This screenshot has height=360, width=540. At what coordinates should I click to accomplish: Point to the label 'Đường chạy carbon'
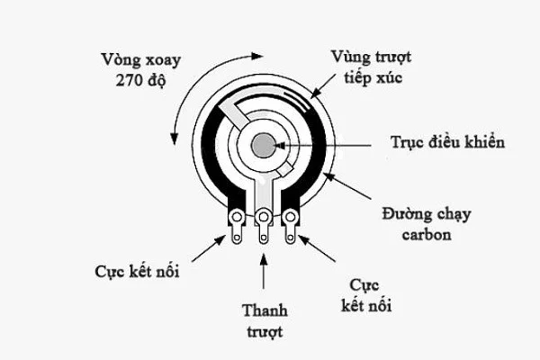(x=425, y=225)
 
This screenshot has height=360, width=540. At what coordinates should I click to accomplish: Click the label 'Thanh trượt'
(x=263, y=320)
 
